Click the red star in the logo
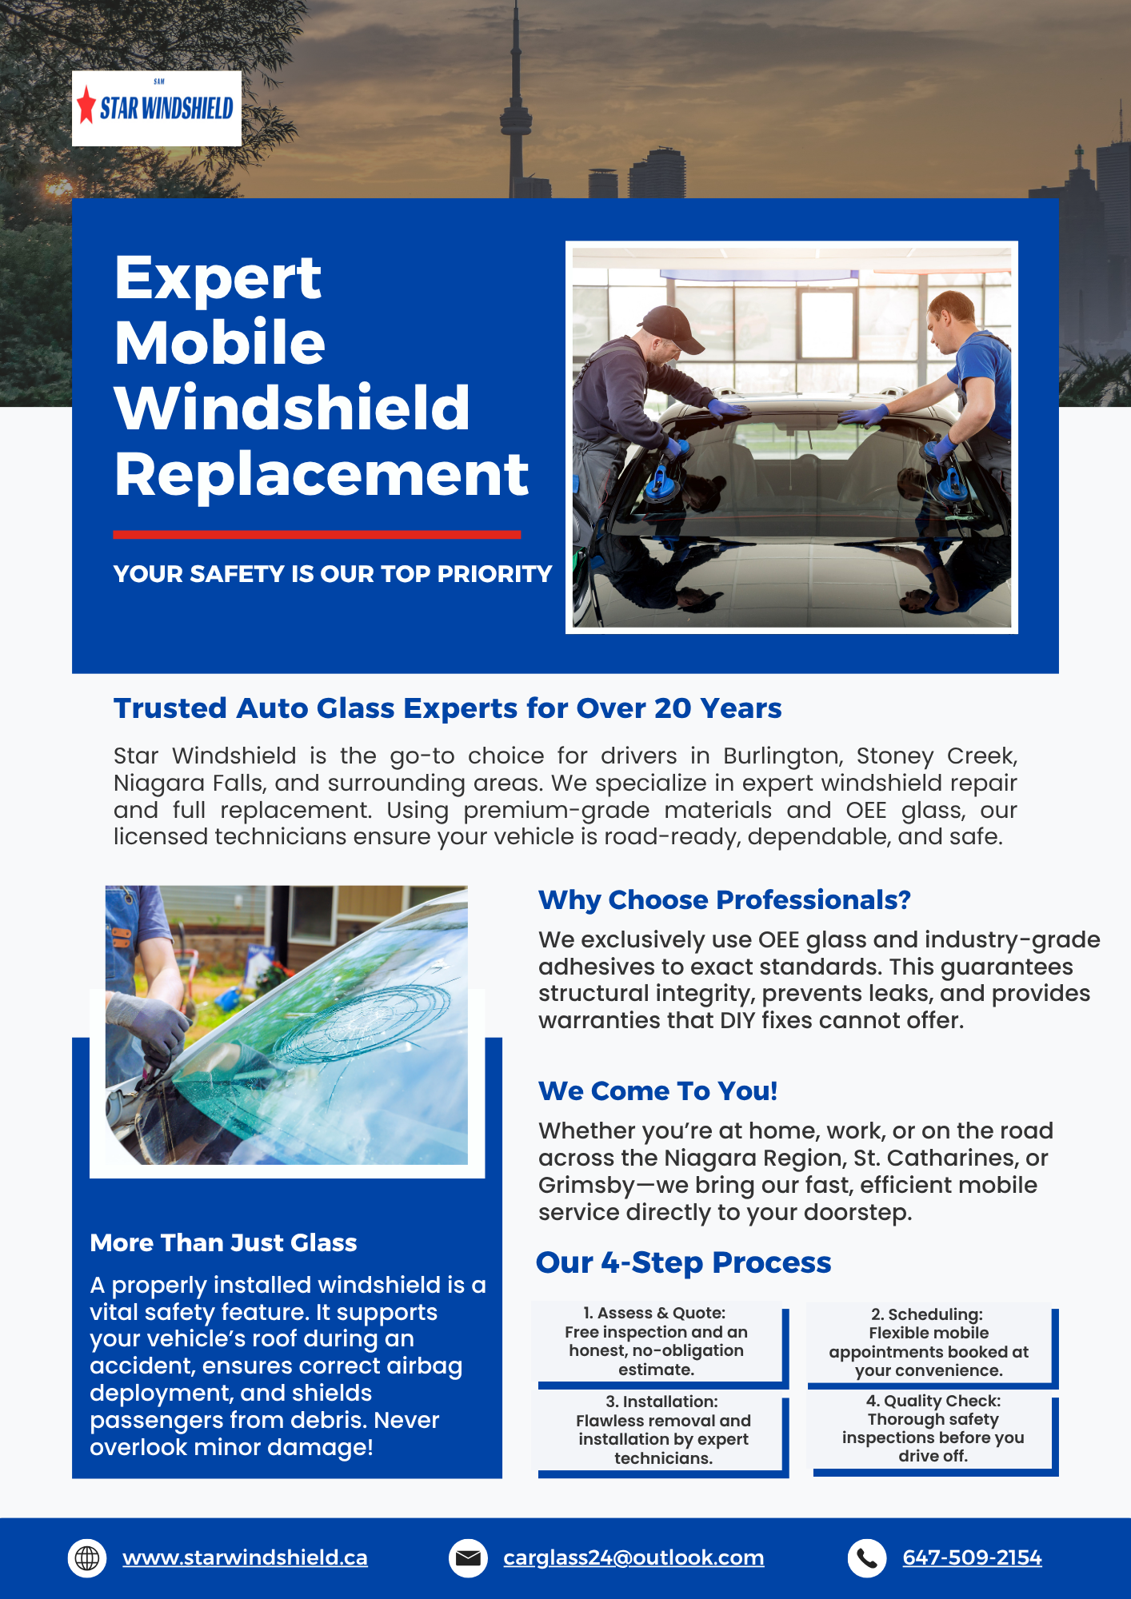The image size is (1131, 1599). click(x=86, y=105)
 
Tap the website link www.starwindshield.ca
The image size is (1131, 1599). click(x=245, y=1557)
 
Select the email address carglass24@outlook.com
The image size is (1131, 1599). click(x=633, y=1557)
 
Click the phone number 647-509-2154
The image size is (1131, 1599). click(x=972, y=1557)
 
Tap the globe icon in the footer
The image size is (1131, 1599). click(x=87, y=1558)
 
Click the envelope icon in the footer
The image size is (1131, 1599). click(x=468, y=1558)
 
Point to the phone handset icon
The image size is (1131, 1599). click(x=867, y=1558)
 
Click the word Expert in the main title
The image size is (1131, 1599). click(x=218, y=278)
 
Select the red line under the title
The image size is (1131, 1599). click(x=317, y=534)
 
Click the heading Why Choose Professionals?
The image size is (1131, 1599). click(x=725, y=900)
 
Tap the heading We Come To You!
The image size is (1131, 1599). click(x=657, y=1091)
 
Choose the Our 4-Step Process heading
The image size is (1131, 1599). click(x=684, y=1262)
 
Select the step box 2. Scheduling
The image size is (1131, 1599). click(x=932, y=1345)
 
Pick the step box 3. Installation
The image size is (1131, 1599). click(x=662, y=1433)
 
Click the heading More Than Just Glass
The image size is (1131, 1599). click(x=223, y=1243)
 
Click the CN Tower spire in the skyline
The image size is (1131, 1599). click(x=516, y=48)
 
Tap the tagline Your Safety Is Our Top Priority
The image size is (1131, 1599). click(x=333, y=574)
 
